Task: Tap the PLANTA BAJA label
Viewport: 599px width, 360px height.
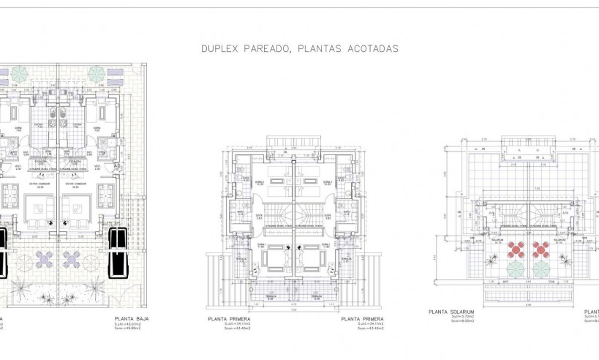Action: [x=133, y=320]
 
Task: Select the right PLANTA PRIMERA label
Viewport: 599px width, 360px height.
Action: [x=363, y=320]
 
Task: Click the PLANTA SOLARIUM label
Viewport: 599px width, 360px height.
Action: [x=451, y=312]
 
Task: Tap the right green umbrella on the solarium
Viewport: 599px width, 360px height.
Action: [x=541, y=269]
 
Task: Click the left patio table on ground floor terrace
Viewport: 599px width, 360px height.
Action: [x=44, y=258]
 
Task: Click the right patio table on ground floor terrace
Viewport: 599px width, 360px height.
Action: [x=72, y=258]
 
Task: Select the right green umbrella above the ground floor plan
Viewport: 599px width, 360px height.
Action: [x=96, y=74]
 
